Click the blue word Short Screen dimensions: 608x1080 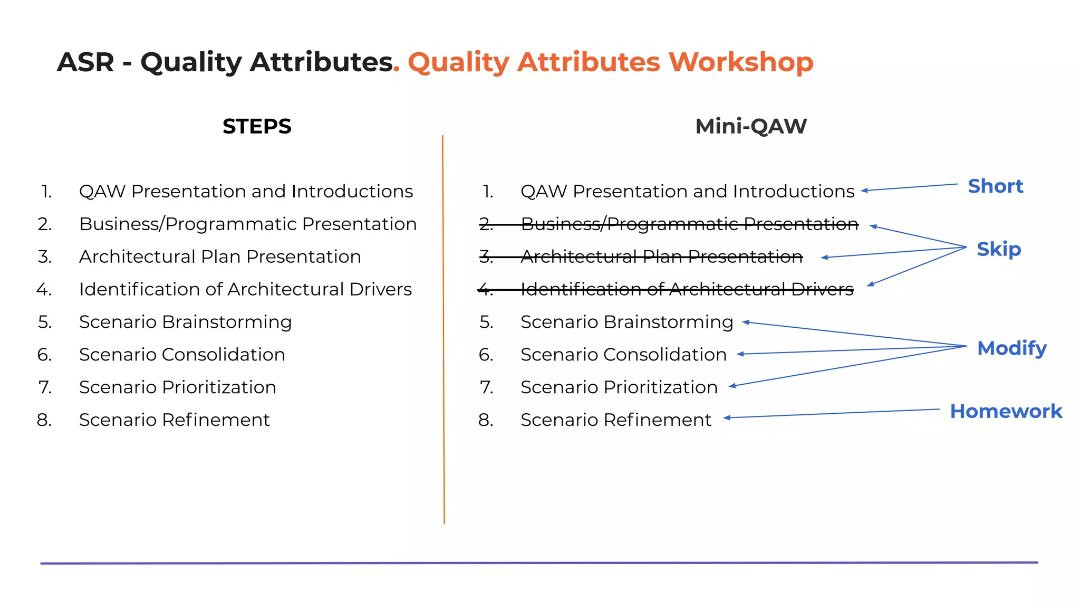(995, 186)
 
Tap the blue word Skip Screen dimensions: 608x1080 (998, 249)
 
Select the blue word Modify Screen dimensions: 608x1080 (1011, 348)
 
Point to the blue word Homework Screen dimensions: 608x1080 (1006, 412)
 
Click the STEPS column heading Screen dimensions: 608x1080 (257, 127)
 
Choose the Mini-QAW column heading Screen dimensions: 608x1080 (751, 127)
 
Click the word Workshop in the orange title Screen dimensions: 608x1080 (741, 62)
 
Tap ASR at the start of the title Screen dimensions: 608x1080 (85, 62)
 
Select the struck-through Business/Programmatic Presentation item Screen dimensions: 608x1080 (689, 224)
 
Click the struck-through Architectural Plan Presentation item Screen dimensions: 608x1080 (661, 257)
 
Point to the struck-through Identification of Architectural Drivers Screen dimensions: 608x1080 (687, 290)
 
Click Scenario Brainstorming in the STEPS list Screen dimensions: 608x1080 (185, 322)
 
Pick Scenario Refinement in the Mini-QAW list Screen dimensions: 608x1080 (615, 420)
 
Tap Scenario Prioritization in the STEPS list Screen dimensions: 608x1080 (177, 387)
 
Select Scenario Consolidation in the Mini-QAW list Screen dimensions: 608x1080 (623, 355)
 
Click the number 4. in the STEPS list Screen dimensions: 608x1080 (44, 290)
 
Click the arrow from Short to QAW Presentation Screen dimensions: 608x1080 (909, 187)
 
